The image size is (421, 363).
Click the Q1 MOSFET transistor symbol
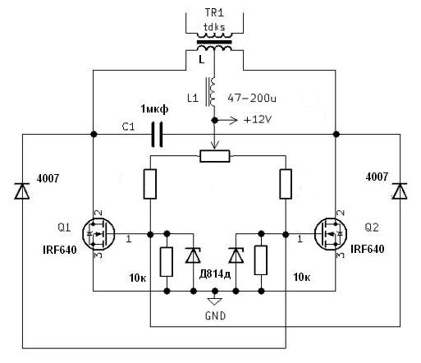pyautogui.click(x=98, y=234)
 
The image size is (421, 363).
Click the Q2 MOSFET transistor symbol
pyautogui.click(x=331, y=234)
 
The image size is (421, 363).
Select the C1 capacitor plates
pyautogui.click(x=157, y=135)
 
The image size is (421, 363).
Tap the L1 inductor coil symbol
pyautogui.click(x=211, y=92)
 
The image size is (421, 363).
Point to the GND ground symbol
pyautogui.click(x=215, y=301)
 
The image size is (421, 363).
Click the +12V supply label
pyautogui.click(x=257, y=120)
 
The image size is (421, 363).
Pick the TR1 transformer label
pyautogui.click(x=214, y=12)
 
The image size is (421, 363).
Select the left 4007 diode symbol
pyautogui.click(x=22, y=191)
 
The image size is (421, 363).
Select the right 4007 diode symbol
pyautogui.click(x=400, y=191)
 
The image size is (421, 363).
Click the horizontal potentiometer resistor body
pyautogui.click(x=215, y=156)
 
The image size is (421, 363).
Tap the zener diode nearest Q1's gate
pyautogui.click(x=193, y=255)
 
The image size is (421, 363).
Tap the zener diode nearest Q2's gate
pyautogui.click(x=236, y=255)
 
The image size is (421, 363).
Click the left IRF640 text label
pyautogui.click(x=60, y=250)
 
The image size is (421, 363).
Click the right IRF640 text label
pyautogui.click(x=368, y=249)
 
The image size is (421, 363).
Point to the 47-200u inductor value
pyautogui.click(x=252, y=98)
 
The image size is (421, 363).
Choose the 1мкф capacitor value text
pyautogui.click(x=154, y=109)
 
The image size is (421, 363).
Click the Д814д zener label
pyautogui.click(x=215, y=273)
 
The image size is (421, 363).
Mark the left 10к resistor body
pyautogui.click(x=167, y=262)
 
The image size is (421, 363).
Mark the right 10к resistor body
pyautogui.click(x=261, y=260)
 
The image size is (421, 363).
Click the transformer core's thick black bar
pyautogui.click(x=214, y=42)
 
